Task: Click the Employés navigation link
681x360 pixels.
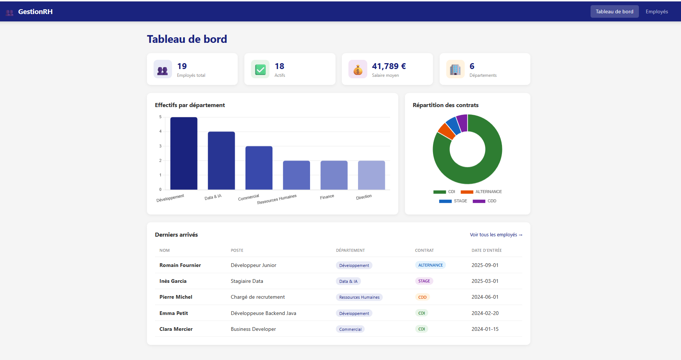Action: [657, 11]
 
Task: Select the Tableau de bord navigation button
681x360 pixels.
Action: [614, 11]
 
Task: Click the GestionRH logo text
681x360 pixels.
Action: [35, 11]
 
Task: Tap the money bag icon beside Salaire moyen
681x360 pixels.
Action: [358, 69]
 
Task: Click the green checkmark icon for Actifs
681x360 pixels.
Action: [260, 69]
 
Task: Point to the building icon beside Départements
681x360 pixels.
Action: [455, 69]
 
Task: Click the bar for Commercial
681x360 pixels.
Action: [259, 168]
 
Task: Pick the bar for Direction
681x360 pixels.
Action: [371, 175]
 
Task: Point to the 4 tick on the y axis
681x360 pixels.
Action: [160, 131]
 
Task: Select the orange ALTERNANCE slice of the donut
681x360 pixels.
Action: [446, 131]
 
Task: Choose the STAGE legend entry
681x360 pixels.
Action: [453, 201]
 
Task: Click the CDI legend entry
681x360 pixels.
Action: [444, 192]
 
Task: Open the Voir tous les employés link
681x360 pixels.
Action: [496, 235]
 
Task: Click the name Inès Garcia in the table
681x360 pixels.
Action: [173, 281]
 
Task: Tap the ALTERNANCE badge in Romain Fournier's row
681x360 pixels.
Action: [430, 265]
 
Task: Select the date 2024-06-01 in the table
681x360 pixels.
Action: [485, 297]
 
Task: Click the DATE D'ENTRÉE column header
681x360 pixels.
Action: [486, 250]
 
